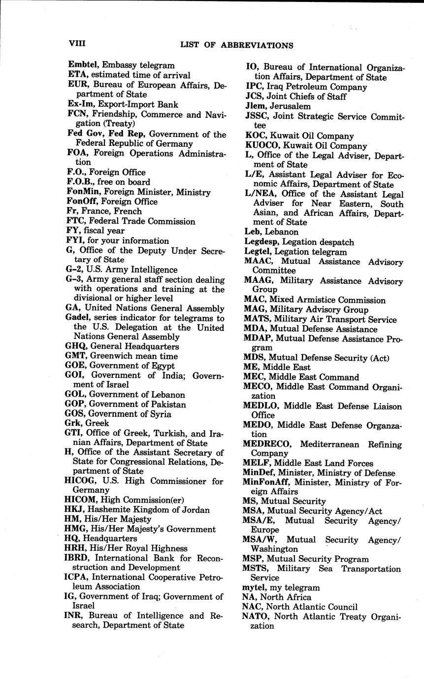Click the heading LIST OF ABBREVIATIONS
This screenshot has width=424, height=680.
click(237, 45)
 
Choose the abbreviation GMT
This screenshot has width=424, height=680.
click(76, 356)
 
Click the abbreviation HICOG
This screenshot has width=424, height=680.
click(82, 481)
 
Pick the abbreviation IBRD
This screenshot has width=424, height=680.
click(77, 558)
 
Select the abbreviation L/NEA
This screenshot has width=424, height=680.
click(261, 194)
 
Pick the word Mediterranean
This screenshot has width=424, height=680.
click(330, 444)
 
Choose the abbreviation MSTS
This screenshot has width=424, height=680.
click(257, 569)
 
